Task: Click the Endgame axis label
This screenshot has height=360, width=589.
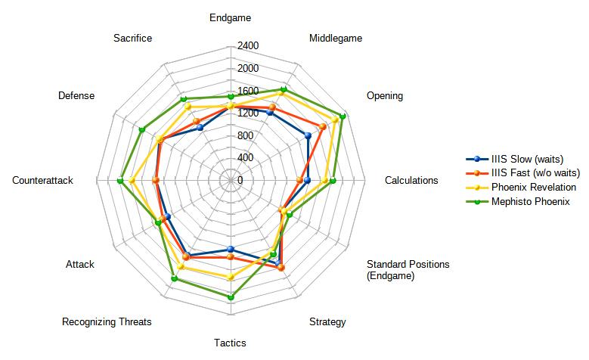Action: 230,17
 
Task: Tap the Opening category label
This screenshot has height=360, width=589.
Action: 385,96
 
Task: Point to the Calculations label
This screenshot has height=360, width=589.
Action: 411,181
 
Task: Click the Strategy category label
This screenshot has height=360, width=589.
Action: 327,322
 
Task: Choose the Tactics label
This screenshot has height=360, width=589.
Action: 230,343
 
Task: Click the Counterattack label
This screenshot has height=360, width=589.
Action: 42,181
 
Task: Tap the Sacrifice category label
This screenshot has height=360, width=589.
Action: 132,38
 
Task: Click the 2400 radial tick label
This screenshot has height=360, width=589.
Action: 248,46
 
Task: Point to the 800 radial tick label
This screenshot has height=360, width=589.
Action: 245,136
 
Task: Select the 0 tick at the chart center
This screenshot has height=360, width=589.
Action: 240,181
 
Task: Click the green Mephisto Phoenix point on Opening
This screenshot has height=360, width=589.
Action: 343,116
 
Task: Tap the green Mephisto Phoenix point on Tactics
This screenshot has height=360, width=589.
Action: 231,297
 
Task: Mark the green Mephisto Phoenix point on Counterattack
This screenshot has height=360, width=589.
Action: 120,180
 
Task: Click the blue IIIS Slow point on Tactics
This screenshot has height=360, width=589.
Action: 231,250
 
